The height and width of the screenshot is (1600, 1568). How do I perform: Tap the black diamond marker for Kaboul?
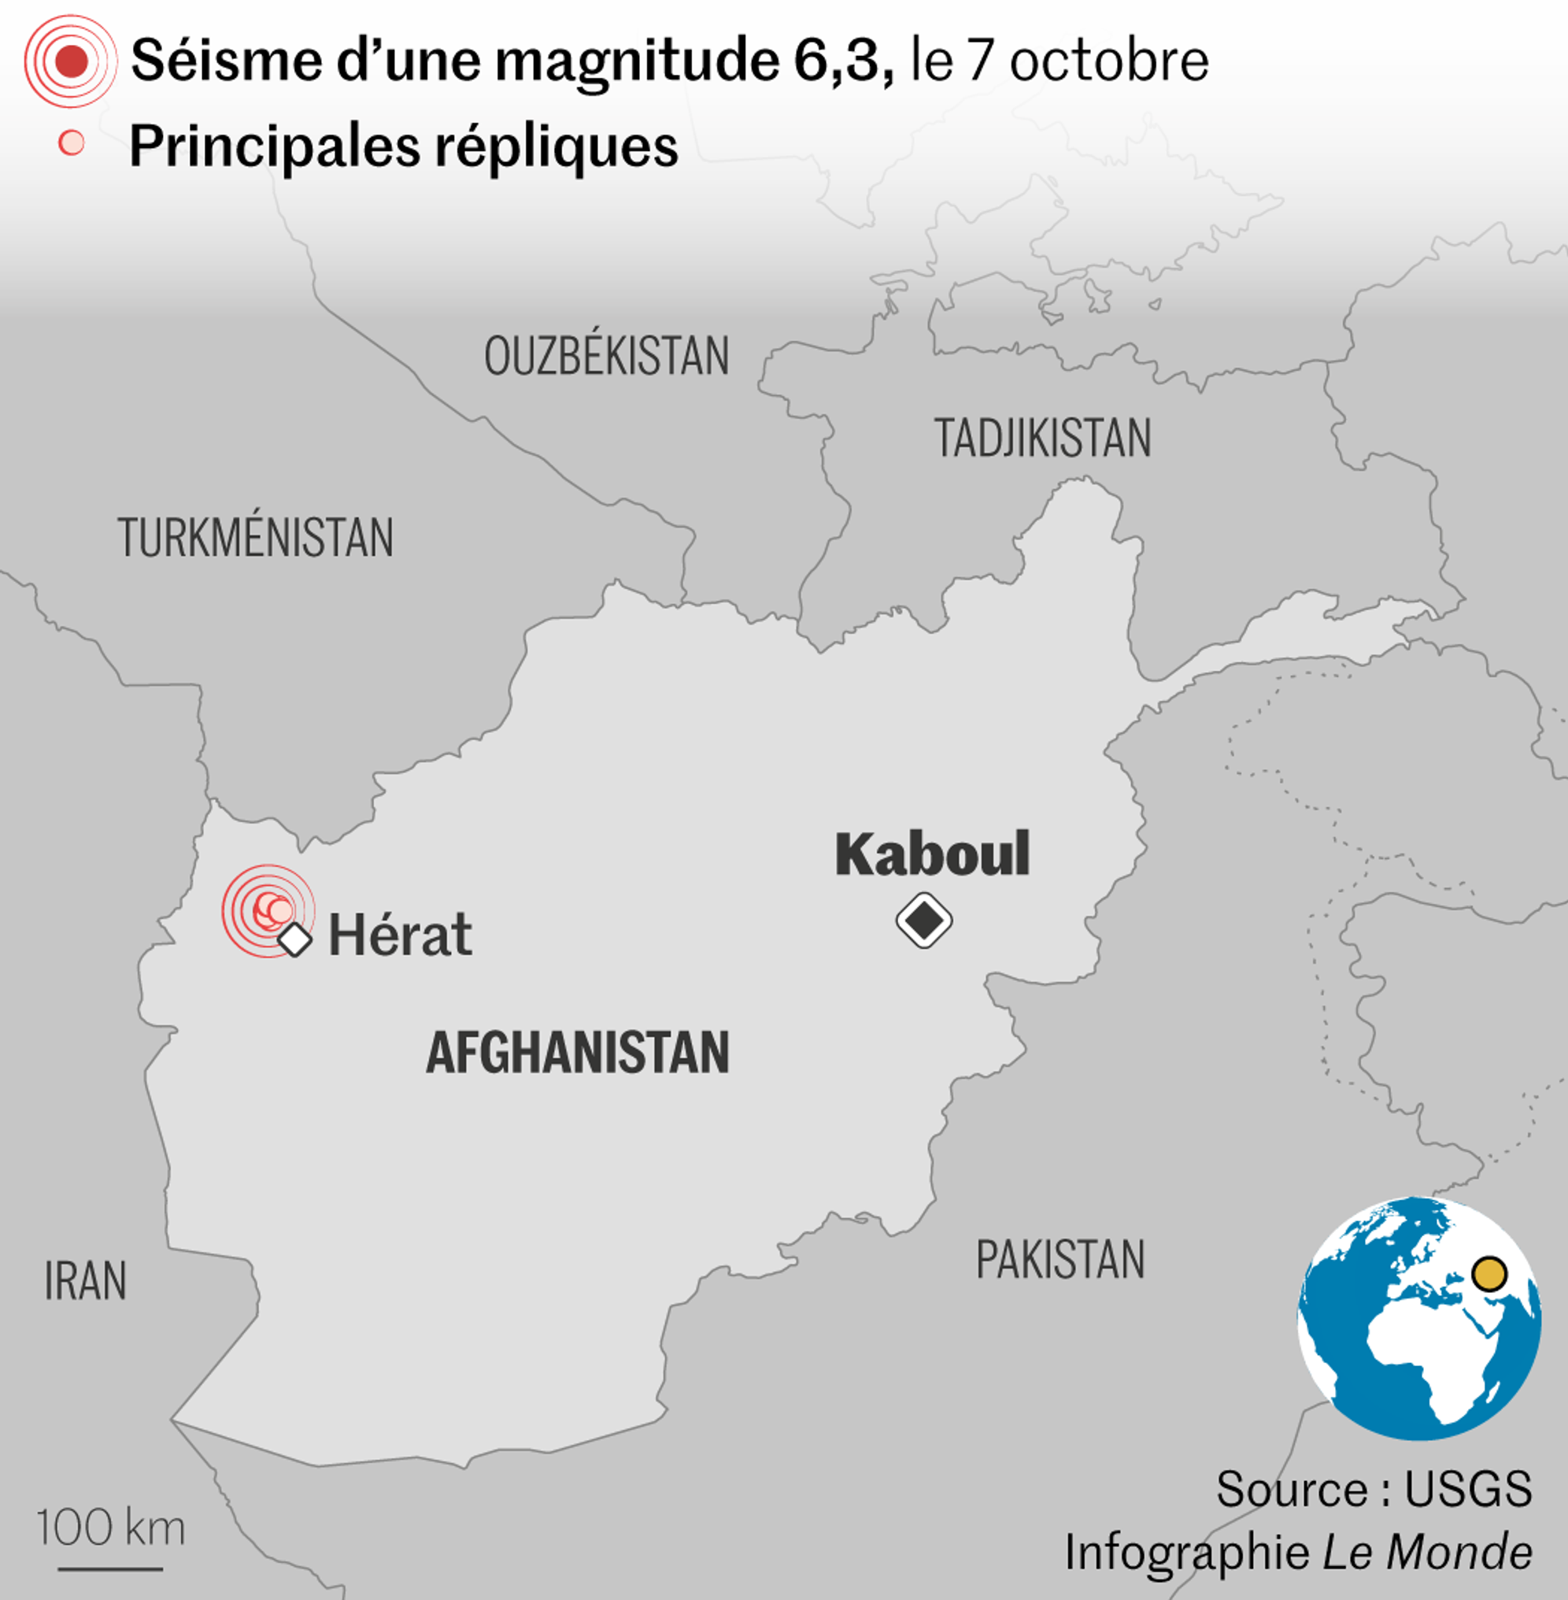pyautogui.click(x=924, y=920)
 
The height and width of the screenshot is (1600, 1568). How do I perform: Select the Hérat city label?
pyautogui.click(x=400, y=935)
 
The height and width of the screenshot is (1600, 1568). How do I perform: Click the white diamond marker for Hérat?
pyautogui.click(x=294, y=939)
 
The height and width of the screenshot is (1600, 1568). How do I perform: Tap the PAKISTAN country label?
pyautogui.click(x=1060, y=1260)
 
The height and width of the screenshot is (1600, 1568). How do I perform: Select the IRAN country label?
pyautogui.click(x=86, y=1281)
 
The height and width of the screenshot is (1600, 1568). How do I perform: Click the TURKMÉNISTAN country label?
pyautogui.click(x=255, y=538)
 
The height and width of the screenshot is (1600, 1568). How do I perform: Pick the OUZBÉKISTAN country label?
pyautogui.click(x=606, y=356)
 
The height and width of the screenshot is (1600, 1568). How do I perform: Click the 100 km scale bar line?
pyautogui.click(x=110, y=1568)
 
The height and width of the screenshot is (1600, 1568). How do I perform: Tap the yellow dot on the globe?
pyautogui.click(x=1488, y=1273)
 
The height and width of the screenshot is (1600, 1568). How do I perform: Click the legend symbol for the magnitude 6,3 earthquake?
pyautogui.click(x=71, y=61)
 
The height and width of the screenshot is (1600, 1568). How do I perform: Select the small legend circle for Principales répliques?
pyautogui.click(x=72, y=143)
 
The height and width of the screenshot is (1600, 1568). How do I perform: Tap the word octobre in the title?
pyautogui.click(x=1108, y=61)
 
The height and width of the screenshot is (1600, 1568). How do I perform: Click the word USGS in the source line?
pyautogui.click(x=1467, y=1489)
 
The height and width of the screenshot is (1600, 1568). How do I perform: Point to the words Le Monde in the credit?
pyautogui.click(x=1427, y=1552)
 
